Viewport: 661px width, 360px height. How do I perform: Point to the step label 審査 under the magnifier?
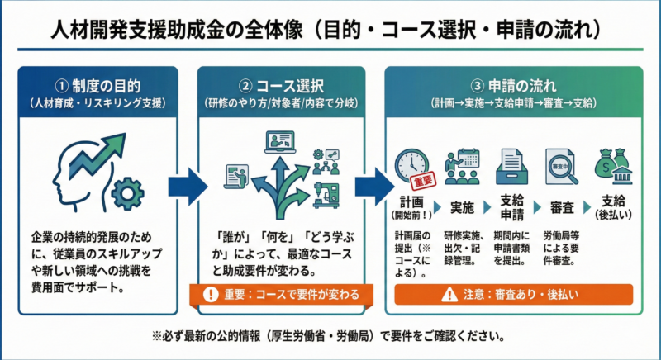[x=557, y=206]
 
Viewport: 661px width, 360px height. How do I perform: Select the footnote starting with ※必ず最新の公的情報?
[x=330, y=337]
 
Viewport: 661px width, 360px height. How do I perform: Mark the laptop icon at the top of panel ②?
[x=281, y=143]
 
